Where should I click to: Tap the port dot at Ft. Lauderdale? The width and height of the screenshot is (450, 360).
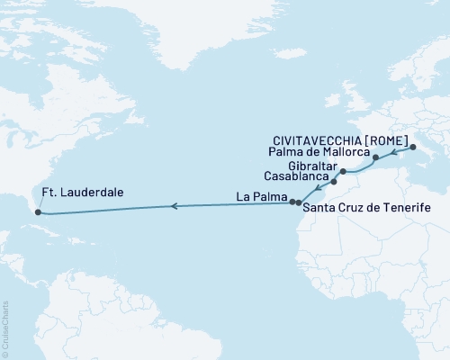[x=37, y=212]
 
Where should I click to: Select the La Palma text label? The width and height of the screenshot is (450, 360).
[x=261, y=196]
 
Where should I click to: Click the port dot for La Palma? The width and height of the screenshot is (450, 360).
[x=292, y=202]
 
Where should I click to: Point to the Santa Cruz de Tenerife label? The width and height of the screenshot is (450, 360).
[x=365, y=208]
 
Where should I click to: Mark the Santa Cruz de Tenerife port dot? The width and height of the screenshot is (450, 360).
[x=299, y=202]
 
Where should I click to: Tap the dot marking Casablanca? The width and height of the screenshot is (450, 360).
[x=333, y=182]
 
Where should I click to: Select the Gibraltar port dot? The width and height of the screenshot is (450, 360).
[x=343, y=170]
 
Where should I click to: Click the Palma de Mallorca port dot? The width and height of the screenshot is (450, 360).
[x=375, y=157]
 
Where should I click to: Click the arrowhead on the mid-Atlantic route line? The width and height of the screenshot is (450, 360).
[x=174, y=206]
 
